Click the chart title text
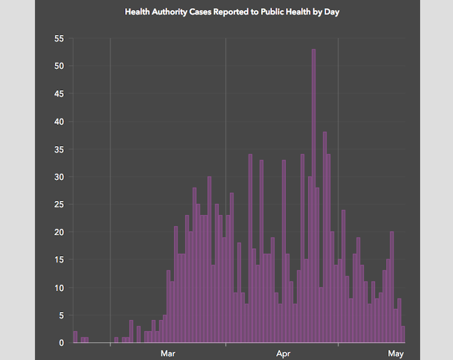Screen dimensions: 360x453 coord(232,11)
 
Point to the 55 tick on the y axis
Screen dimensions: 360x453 coord(58,38)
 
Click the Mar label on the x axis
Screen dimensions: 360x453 coord(168,354)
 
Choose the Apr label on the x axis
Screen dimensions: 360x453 coord(283,354)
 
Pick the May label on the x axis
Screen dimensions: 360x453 coord(396,354)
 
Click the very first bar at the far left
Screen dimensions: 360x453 coord(75,337)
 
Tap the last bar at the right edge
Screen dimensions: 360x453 coord(403,334)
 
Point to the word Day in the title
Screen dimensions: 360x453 coord(331,11)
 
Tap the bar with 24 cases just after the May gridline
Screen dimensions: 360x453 coord(343,277)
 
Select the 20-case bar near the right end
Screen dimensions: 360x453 coord(392,287)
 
